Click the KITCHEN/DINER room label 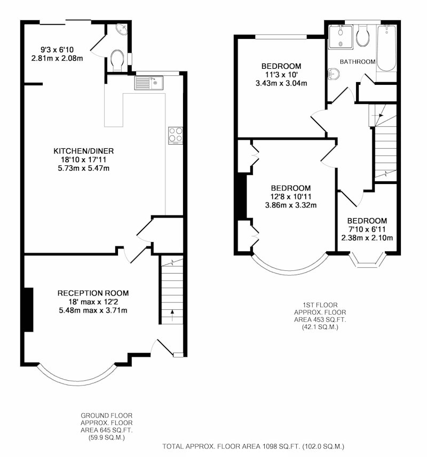click(x=83, y=151)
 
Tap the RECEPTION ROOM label click(x=93, y=293)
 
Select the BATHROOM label click(x=358, y=62)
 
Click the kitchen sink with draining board click(x=149, y=83)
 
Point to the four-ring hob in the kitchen click(x=176, y=135)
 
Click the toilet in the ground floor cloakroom click(x=117, y=60)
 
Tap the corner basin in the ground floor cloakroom click(x=122, y=29)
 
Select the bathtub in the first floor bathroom click(x=386, y=49)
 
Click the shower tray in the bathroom click(x=341, y=37)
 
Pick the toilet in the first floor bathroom click(x=362, y=36)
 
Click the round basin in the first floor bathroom click(x=334, y=74)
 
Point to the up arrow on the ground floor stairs click(x=172, y=315)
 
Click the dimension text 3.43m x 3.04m click(x=281, y=83)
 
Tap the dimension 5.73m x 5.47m click(x=84, y=168)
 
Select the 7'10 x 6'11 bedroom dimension click(x=367, y=229)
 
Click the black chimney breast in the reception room click(x=29, y=309)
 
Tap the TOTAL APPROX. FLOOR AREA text click(x=253, y=446)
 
